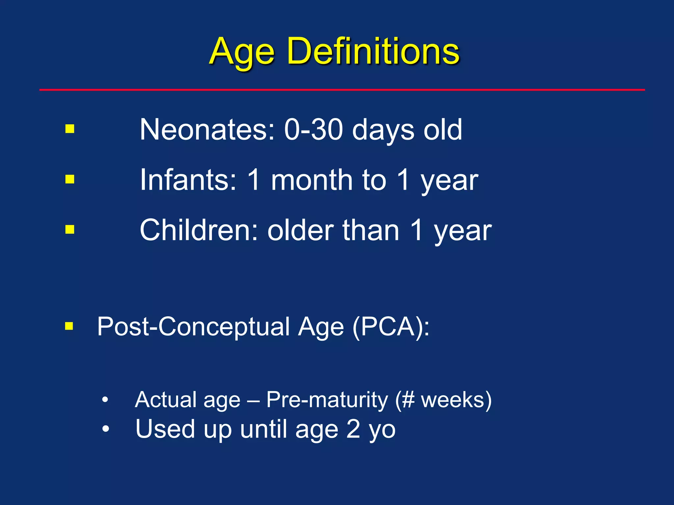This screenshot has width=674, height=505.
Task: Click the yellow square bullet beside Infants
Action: [x=70, y=179]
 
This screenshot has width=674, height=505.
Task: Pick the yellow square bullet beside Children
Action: [x=70, y=229]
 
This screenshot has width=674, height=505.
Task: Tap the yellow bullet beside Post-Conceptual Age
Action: [x=69, y=326]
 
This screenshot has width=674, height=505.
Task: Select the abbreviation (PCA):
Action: [x=391, y=327]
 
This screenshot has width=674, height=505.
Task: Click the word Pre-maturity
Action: [x=327, y=400]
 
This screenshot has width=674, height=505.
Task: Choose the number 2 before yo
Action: [x=353, y=429]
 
